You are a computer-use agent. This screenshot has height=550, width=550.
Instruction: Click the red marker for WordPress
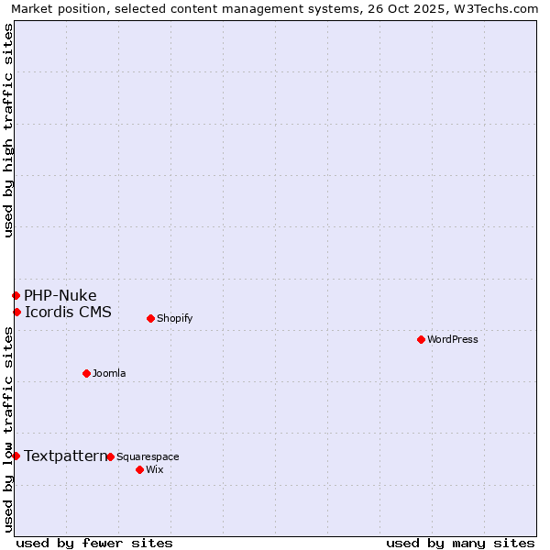[x=421, y=339]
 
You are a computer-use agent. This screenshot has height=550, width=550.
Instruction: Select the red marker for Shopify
[x=150, y=318]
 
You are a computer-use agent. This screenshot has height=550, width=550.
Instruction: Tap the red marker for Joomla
[x=86, y=373]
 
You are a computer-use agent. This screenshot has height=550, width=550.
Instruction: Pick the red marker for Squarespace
[x=110, y=456]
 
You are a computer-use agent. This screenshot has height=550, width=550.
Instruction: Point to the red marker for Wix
[x=139, y=469]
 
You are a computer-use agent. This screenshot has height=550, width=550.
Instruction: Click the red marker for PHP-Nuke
[x=16, y=295]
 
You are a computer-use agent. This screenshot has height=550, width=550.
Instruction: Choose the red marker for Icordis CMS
[x=16, y=312]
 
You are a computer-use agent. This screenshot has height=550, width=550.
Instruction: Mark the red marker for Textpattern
[x=16, y=456]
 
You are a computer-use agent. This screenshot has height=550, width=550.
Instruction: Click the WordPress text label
[x=453, y=339]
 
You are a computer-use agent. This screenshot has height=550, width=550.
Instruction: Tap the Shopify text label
[x=174, y=318]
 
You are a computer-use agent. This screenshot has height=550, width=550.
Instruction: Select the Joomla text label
[x=109, y=373]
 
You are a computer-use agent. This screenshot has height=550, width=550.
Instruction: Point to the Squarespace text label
[x=148, y=456]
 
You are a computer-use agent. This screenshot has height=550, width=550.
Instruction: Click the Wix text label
[x=154, y=469]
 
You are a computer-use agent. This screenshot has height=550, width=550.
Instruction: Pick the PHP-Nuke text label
[x=60, y=295]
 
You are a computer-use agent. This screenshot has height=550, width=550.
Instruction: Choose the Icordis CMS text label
[x=68, y=312]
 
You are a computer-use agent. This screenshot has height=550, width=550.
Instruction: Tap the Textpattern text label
[x=65, y=456]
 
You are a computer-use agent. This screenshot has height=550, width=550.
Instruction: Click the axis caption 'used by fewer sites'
[x=94, y=543]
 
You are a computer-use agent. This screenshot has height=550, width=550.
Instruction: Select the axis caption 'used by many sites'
[x=460, y=543]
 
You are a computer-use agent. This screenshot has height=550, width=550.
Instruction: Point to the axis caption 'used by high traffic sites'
[x=8, y=130]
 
